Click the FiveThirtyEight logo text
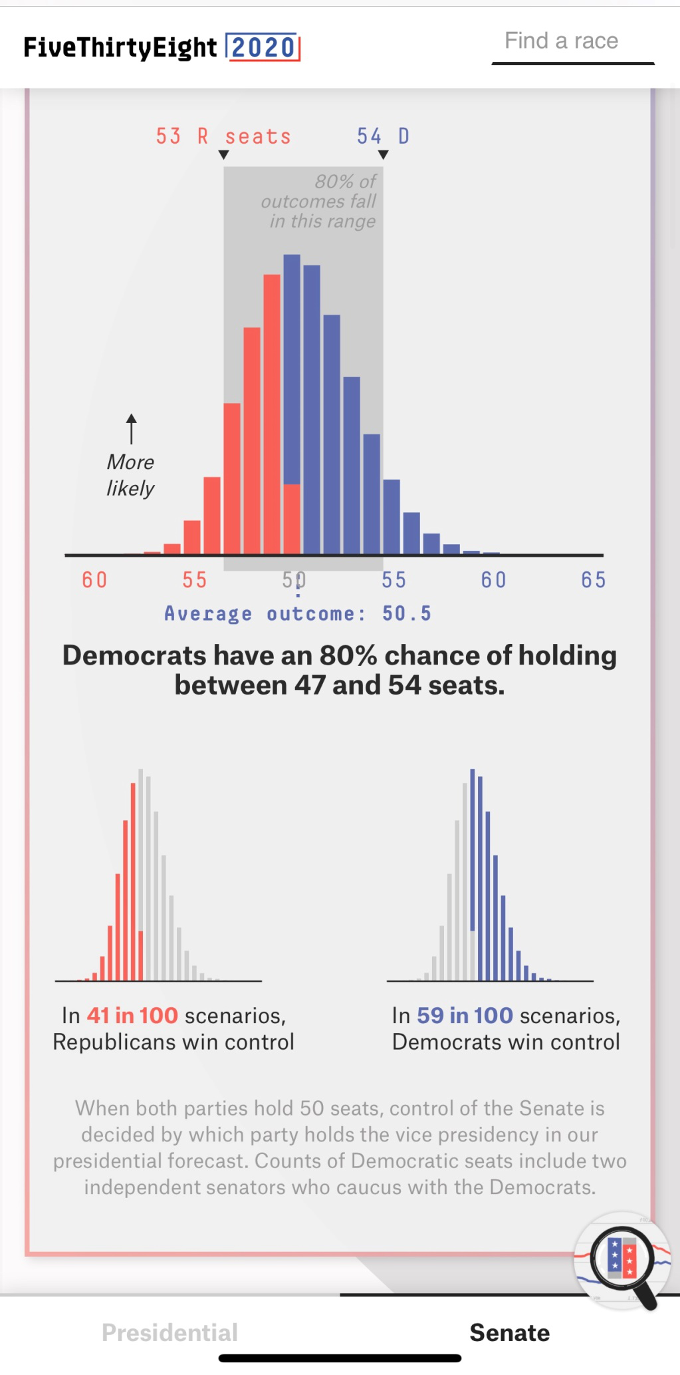120,48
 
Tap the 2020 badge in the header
263,47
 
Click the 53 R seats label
223,136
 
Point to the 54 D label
383,136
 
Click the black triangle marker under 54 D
384,155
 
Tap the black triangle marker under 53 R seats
224,155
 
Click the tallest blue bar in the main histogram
292,366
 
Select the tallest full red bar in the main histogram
272,412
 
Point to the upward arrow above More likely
132,428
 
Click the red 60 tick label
94,580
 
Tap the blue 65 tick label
593,580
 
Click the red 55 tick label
195,580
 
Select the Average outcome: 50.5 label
298,613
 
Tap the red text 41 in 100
132,1016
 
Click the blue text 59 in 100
465,1016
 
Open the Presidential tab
170,1332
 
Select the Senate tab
510,1332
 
